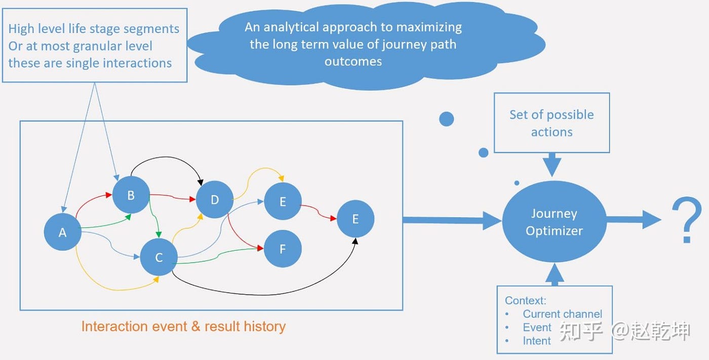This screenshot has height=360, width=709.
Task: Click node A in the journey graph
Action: point(63,232)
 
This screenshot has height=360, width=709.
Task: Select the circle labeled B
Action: point(131,195)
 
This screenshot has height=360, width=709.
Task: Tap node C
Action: point(159,257)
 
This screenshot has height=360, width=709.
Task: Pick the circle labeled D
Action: point(215,199)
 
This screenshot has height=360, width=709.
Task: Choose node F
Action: point(283,249)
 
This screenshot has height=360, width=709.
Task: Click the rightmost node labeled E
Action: point(356,219)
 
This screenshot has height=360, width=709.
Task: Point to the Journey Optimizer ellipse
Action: point(554,222)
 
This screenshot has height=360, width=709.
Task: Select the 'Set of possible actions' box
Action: point(552,123)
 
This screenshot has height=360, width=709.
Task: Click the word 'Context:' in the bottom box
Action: point(526,300)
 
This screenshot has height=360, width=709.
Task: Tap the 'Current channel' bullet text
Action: point(562,314)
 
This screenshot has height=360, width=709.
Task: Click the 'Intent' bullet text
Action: point(537,341)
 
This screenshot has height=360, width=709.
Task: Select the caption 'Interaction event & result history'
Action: point(183,327)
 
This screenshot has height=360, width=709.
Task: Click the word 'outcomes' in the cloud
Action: point(353,61)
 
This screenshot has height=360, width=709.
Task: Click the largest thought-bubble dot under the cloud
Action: point(447,119)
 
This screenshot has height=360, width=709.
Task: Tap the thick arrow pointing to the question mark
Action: point(634,220)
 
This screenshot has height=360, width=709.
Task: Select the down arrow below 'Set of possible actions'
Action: point(553,165)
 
